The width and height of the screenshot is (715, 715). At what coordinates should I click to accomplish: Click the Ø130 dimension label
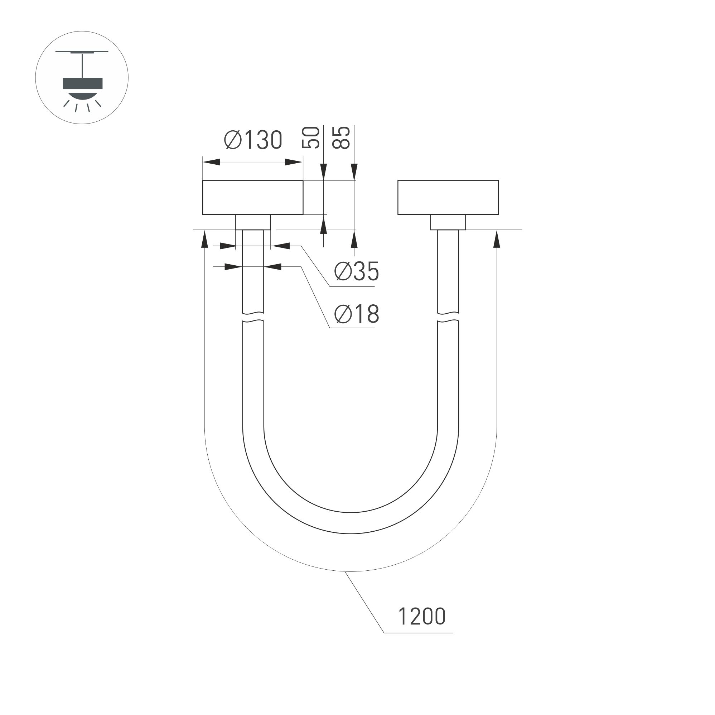coord(253,140)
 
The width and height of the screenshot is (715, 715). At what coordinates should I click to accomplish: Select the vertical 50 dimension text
coord(311,138)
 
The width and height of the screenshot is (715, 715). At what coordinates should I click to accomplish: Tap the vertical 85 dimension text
coord(341,138)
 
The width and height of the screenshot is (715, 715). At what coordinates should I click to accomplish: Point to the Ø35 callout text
coord(356,271)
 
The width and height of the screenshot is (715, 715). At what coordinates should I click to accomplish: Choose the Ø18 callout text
coord(356,314)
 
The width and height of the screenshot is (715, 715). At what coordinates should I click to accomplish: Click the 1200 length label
coord(421,617)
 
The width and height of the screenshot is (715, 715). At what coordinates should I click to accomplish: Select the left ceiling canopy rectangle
coord(253,197)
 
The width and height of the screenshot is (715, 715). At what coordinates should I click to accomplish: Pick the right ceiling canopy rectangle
coord(448,197)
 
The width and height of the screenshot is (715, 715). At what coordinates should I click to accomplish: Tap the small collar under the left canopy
coord(253,222)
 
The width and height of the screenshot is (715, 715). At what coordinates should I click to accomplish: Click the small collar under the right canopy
coord(448,222)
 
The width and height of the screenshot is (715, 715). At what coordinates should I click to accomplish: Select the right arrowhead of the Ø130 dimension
coord(294,162)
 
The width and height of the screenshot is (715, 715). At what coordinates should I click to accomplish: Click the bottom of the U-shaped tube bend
coord(351,523)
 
